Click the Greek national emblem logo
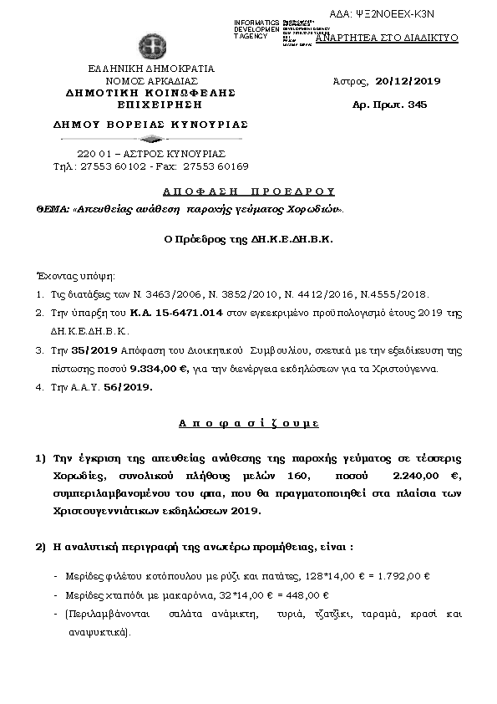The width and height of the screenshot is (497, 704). (151, 44)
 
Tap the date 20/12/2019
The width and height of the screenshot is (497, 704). (408, 81)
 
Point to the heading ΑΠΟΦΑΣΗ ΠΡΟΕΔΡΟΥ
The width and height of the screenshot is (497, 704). (248, 191)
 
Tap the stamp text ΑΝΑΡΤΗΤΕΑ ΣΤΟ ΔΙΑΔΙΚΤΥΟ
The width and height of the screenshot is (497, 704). (386, 38)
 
